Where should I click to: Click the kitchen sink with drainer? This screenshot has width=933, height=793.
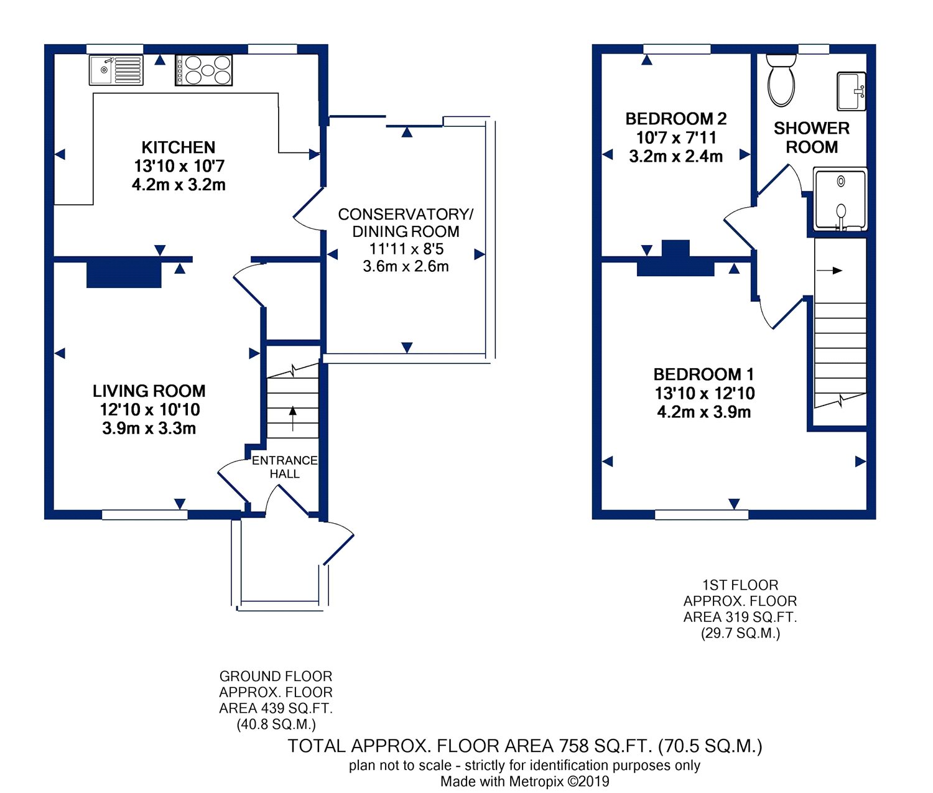(116, 70)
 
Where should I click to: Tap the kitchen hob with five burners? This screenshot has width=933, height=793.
(203, 70)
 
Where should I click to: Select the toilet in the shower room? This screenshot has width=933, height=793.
(781, 81)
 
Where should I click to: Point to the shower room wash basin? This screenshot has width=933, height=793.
(852, 91)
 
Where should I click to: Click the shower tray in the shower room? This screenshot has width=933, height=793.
(840, 199)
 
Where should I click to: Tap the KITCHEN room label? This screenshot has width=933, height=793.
(179, 147)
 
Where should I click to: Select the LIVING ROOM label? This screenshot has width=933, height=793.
(149, 391)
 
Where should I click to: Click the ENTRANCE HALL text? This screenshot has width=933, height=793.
(284, 466)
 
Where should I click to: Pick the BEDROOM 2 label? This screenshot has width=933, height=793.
(675, 119)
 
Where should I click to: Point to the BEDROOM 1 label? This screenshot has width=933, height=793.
(703, 374)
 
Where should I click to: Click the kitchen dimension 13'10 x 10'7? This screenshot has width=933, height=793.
(179, 166)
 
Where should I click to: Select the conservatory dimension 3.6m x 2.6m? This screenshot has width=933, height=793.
(406, 266)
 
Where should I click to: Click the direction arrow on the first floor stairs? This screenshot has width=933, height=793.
(830, 271)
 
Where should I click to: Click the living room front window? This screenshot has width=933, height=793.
(144, 515)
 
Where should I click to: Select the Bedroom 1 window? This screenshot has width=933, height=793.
(702, 515)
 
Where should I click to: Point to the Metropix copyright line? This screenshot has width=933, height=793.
(524, 782)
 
